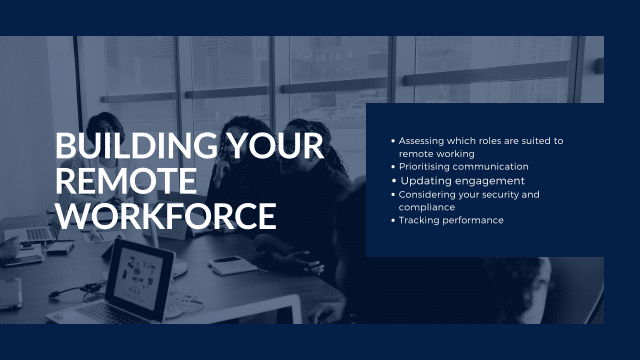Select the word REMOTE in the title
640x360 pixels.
point(126,181)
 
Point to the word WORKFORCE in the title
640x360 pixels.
point(165,215)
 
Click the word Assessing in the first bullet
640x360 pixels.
point(422,141)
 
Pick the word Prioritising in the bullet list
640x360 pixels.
point(426,167)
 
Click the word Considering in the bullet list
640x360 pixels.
point(427,194)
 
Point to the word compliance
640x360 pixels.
point(427,207)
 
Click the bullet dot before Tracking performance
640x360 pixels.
point(393,220)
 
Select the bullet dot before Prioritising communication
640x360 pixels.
point(393,167)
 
